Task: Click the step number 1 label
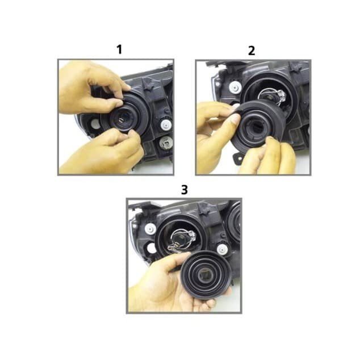pyautogui.click(x=119, y=49)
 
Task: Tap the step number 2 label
pyautogui.click(x=252, y=51)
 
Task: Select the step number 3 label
pyautogui.click(x=185, y=190)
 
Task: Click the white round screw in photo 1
pyautogui.click(x=166, y=125)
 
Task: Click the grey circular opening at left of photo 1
pyautogui.click(x=95, y=124)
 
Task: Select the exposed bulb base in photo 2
pyautogui.click(x=273, y=96)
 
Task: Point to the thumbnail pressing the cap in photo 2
pyautogui.click(x=235, y=119)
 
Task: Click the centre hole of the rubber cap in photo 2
pyautogui.click(x=256, y=128)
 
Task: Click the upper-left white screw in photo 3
pyautogui.click(x=150, y=229)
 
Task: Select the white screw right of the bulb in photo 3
pyautogui.click(x=222, y=249)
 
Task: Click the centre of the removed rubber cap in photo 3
pyautogui.click(x=206, y=275)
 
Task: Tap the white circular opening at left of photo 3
pyautogui.click(x=151, y=248)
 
